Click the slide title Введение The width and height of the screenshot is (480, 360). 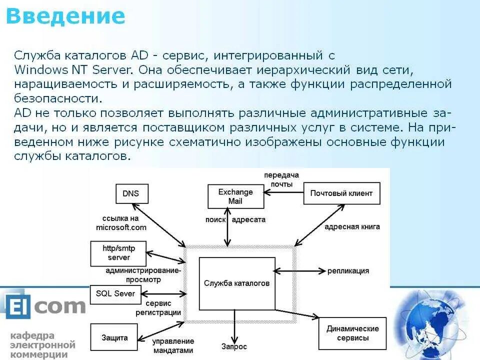tap(65, 16)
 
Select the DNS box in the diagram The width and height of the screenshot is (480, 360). tap(131, 193)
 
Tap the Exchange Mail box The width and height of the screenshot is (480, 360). tap(235, 196)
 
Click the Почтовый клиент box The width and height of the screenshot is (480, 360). tap(341, 193)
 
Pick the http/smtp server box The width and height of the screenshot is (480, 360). tap(118, 253)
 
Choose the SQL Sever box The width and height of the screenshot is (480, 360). tap(115, 293)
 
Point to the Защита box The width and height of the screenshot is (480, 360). tap(114, 337)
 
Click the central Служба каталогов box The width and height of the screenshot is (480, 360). tap(237, 283)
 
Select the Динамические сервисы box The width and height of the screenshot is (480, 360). tap(352, 333)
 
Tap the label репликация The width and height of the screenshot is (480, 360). tap(348, 271)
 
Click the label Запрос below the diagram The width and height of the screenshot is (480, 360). tap(234, 346)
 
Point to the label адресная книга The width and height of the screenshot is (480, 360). tap(352, 226)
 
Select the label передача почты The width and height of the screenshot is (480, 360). tap(281, 179)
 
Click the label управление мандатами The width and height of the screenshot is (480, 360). tap(172, 345)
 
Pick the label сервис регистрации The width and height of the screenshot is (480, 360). tap(158, 308)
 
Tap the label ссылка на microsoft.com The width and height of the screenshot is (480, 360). tap(121, 222)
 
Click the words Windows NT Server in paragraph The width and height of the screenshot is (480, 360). tap(72, 69)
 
